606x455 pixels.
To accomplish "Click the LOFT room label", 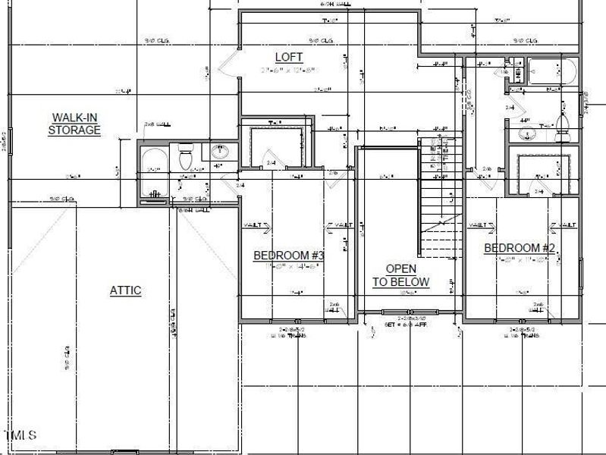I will [288, 57].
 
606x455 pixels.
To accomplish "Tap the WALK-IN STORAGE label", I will [74, 124].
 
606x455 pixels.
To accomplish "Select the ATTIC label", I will [125, 290].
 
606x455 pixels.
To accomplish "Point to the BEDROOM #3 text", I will [288, 256].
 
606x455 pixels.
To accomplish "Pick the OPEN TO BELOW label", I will [400, 275].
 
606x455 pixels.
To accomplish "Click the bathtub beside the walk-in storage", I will [155, 172].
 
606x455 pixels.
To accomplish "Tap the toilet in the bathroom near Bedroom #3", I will [184, 158].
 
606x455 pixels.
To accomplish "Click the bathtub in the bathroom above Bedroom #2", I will [551, 71].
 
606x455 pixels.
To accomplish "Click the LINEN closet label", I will [518, 73].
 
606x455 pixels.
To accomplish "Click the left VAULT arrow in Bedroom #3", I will [254, 225].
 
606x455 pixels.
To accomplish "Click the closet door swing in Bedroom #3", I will [269, 161].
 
